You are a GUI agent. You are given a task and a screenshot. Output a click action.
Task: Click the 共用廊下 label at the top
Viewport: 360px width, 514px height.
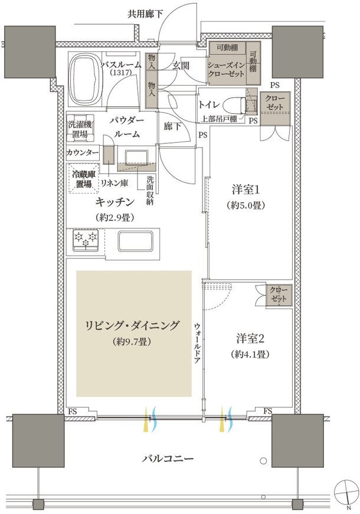pyautogui.click(x=145, y=14)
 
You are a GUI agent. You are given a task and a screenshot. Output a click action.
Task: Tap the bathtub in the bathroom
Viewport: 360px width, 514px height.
pyautogui.click(x=86, y=79)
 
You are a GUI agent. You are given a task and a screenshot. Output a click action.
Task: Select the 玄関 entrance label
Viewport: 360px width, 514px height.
pyautogui.click(x=181, y=66)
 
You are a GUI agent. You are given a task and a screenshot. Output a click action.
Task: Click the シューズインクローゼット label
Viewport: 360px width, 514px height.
pyautogui.click(x=226, y=69)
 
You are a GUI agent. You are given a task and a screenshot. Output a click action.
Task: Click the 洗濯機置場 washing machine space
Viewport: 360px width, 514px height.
pyautogui.click(x=80, y=129)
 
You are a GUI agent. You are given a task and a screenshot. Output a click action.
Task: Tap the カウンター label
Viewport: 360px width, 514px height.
pyautogui.click(x=83, y=153)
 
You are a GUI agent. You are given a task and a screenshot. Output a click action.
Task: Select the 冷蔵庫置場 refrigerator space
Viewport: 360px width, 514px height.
pyautogui.click(x=84, y=179)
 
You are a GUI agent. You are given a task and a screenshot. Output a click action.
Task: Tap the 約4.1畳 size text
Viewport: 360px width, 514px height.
pyautogui.click(x=250, y=354)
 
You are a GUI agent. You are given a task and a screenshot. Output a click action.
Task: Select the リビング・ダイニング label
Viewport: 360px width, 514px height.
pyautogui.click(x=132, y=326)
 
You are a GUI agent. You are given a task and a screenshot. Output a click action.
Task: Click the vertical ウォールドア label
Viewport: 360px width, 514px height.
pyautogui.click(x=197, y=342)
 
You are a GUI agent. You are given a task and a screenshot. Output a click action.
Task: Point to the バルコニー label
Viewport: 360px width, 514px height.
pyautogui.click(x=168, y=458)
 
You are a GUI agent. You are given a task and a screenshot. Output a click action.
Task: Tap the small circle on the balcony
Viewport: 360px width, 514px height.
pyautogui.click(x=263, y=461)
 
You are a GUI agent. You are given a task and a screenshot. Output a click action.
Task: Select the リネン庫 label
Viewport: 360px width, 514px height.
pyautogui.click(x=114, y=183)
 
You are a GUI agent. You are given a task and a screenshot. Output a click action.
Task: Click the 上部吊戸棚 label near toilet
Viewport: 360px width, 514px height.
pyautogui.click(x=218, y=119)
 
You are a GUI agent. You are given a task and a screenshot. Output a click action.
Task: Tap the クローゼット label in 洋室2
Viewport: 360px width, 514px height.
pyautogui.click(x=279, y=294)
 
